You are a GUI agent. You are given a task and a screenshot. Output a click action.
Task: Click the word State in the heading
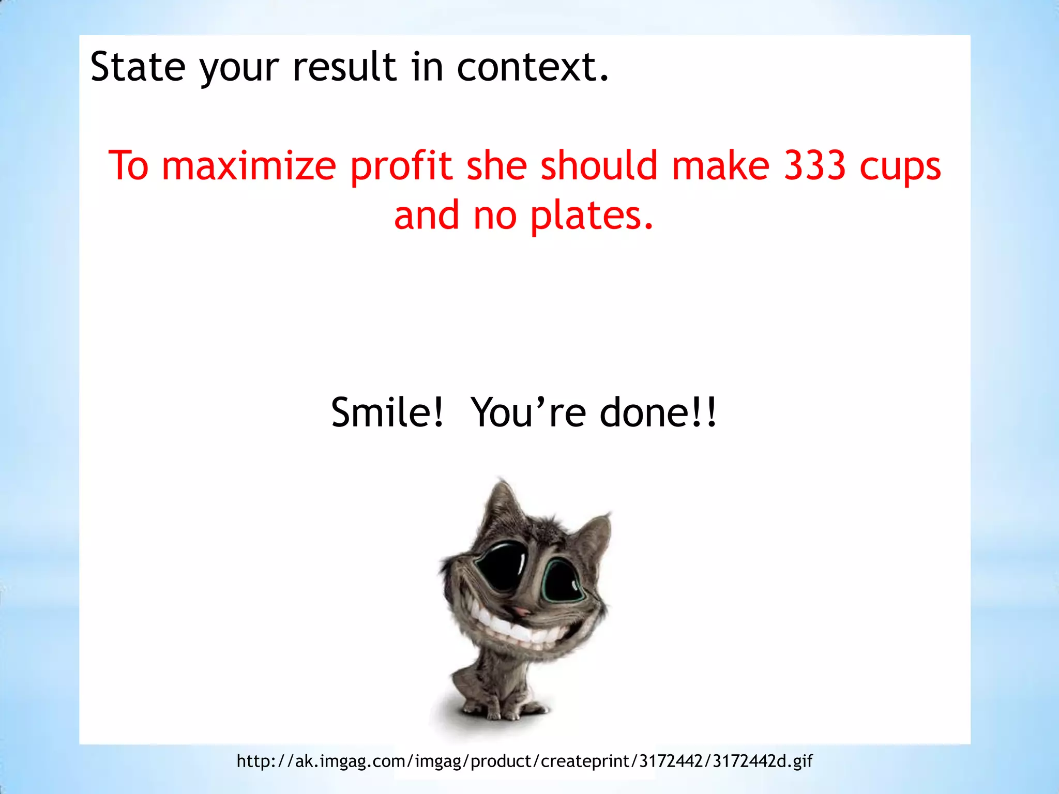[x=138, y=67]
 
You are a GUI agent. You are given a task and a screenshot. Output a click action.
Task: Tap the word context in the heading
[x=533, y=67]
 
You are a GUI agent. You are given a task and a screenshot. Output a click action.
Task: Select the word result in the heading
[x=344, y=67]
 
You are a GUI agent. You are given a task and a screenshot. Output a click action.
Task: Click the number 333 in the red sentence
[x=815, y=166]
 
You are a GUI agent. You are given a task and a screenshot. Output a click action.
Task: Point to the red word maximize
[x=249, y=166]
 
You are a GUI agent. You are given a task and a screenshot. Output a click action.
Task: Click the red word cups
[x=900, y=167]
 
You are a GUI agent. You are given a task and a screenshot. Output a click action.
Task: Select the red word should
[x=599, y=166]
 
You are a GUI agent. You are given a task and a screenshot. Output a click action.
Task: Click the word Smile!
[x=387, y=413]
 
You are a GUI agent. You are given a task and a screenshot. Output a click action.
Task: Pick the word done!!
[x=658, y=413]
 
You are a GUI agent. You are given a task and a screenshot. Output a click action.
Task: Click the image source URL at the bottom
[x=524, y=761]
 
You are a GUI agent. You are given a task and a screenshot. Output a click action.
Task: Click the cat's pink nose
[x=522, y=612]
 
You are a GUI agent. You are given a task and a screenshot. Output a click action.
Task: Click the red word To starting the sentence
[x=128, y=166]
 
